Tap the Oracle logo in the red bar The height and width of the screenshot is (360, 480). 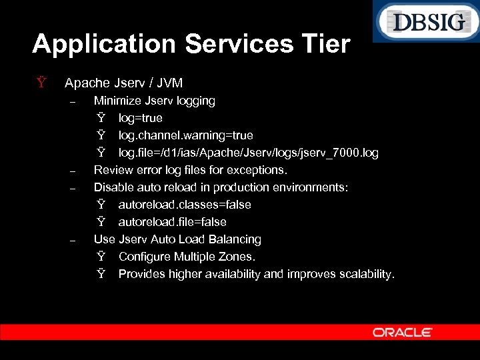point(402,332)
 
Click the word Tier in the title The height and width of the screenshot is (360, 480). point(325,44)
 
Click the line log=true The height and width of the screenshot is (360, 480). point(140,118)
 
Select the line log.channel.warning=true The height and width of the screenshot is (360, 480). point(185,135)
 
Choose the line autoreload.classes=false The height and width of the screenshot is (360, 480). point(184,205)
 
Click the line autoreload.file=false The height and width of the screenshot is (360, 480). point(172,222)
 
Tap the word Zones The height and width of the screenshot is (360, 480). point(239,257)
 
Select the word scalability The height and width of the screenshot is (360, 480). point(366,274)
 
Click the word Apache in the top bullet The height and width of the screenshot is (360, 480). point(87,83)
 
